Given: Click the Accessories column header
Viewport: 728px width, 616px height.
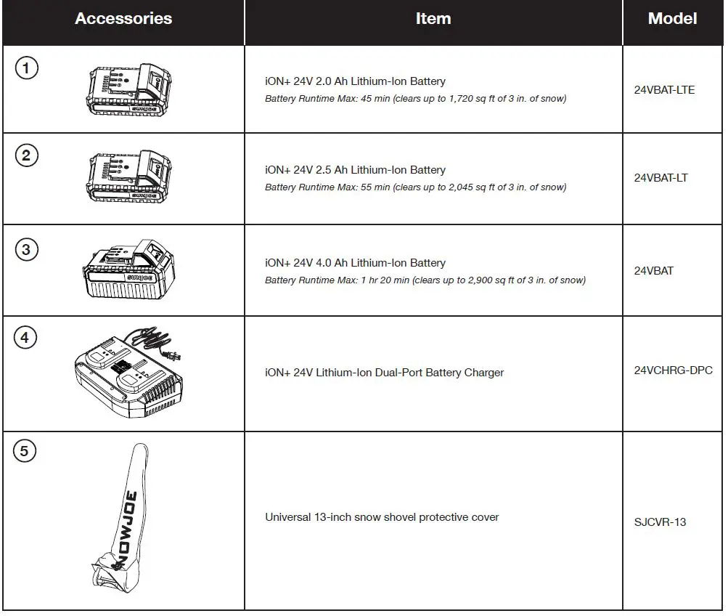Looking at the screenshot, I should pos(123,19).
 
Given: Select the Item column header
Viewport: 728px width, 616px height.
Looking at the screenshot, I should pos(433,19).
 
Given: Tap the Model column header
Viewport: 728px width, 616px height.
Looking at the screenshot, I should pos(672,19).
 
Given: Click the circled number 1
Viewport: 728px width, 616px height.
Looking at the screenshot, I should pos(26,68).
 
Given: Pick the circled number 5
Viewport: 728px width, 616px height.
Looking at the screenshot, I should pos(25,452).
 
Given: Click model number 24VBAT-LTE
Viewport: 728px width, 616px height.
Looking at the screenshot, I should pos(663,90).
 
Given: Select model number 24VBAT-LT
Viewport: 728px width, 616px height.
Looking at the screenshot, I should pos(660,178).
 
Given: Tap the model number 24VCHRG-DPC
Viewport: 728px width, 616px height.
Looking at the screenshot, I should pos(673,370).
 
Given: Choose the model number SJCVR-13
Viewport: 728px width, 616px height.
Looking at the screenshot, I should pos(659,522).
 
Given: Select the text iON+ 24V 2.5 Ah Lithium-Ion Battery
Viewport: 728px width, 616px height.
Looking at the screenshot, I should pos(355,170).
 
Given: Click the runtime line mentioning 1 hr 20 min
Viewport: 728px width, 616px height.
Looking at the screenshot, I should pos(425,280).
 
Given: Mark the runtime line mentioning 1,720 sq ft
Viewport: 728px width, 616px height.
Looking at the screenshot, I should pos(415,99).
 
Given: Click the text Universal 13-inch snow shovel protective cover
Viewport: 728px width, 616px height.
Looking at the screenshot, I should pos(382,517).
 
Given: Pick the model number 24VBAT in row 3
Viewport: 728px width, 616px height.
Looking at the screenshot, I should pos(653,271).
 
